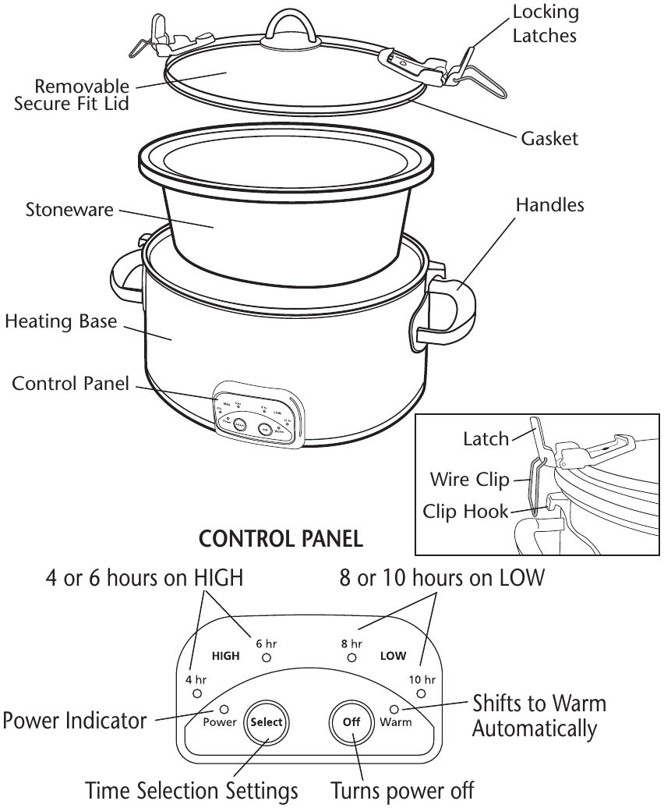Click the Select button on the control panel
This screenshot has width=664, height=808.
click(x=266, y=722)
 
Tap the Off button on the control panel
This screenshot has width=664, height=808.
click(x=351, y=722)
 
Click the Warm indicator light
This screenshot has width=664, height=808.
click(x=394, y=709)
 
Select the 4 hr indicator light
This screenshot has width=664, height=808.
click(x=197, y=693)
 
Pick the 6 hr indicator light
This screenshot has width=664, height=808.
click(x=267, y=658)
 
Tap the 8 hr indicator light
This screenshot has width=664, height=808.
click(x=351, y=658)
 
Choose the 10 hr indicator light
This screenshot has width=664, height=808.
click(x=421, y=693)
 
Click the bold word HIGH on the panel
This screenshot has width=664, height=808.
click(x=226, y=656)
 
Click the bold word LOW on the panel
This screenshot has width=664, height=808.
click(x=393, y=656)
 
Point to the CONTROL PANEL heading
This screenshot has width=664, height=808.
click(x=281, y=539)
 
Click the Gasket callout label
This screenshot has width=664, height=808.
click(x=549, y=139)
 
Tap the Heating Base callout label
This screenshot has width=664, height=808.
click(x=61, y=321)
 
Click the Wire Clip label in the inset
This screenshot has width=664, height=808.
click(x=469, y=479)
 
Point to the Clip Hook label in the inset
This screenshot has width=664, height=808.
click(x=465, y=512)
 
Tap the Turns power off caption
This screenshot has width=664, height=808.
click(x=402, y=790)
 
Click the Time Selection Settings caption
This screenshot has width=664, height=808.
click(x=191, y=790)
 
